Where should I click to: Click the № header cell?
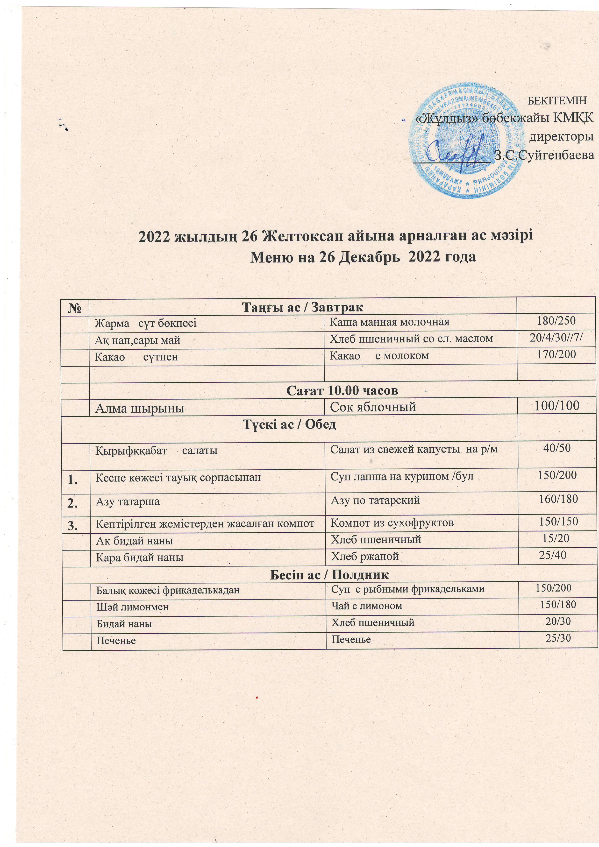pyautogui.click(x=76, y=307)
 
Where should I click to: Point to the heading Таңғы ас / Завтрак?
pyautogui.click(x=303, y=307)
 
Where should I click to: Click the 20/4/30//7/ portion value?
pyautogui.click(x=556, y=338)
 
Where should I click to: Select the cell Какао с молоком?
pyautogui.click(x=379, y=355)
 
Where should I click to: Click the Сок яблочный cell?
pyautogui.click(x=373, y=407)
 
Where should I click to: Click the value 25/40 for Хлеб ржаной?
pyautogui.click(x=552, y=555)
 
